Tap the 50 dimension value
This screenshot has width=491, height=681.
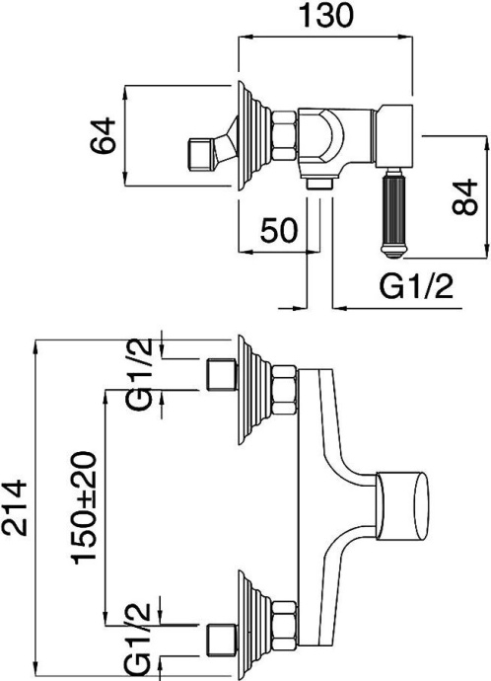[x=279, y=231]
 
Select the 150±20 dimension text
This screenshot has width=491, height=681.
[x=87, y=508]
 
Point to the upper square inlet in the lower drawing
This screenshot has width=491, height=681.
[x=218, y=376]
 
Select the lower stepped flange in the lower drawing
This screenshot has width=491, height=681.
[x=253, y=622]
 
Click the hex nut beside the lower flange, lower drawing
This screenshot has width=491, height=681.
[x=286, y=622]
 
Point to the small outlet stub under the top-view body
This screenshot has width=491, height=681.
[x=319, y=183]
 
